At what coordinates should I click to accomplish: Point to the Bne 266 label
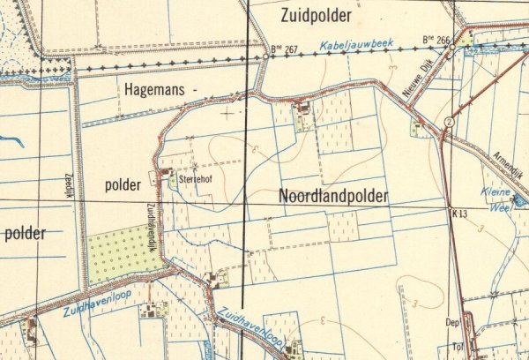click(436, 40)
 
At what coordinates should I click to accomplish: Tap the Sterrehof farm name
click(197, 177)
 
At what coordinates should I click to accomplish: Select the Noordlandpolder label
click(333, 197)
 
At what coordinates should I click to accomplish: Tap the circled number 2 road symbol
click(449, 121)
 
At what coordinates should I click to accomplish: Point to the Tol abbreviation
click(454, 345)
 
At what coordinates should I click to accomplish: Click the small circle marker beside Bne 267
click(266, 56)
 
